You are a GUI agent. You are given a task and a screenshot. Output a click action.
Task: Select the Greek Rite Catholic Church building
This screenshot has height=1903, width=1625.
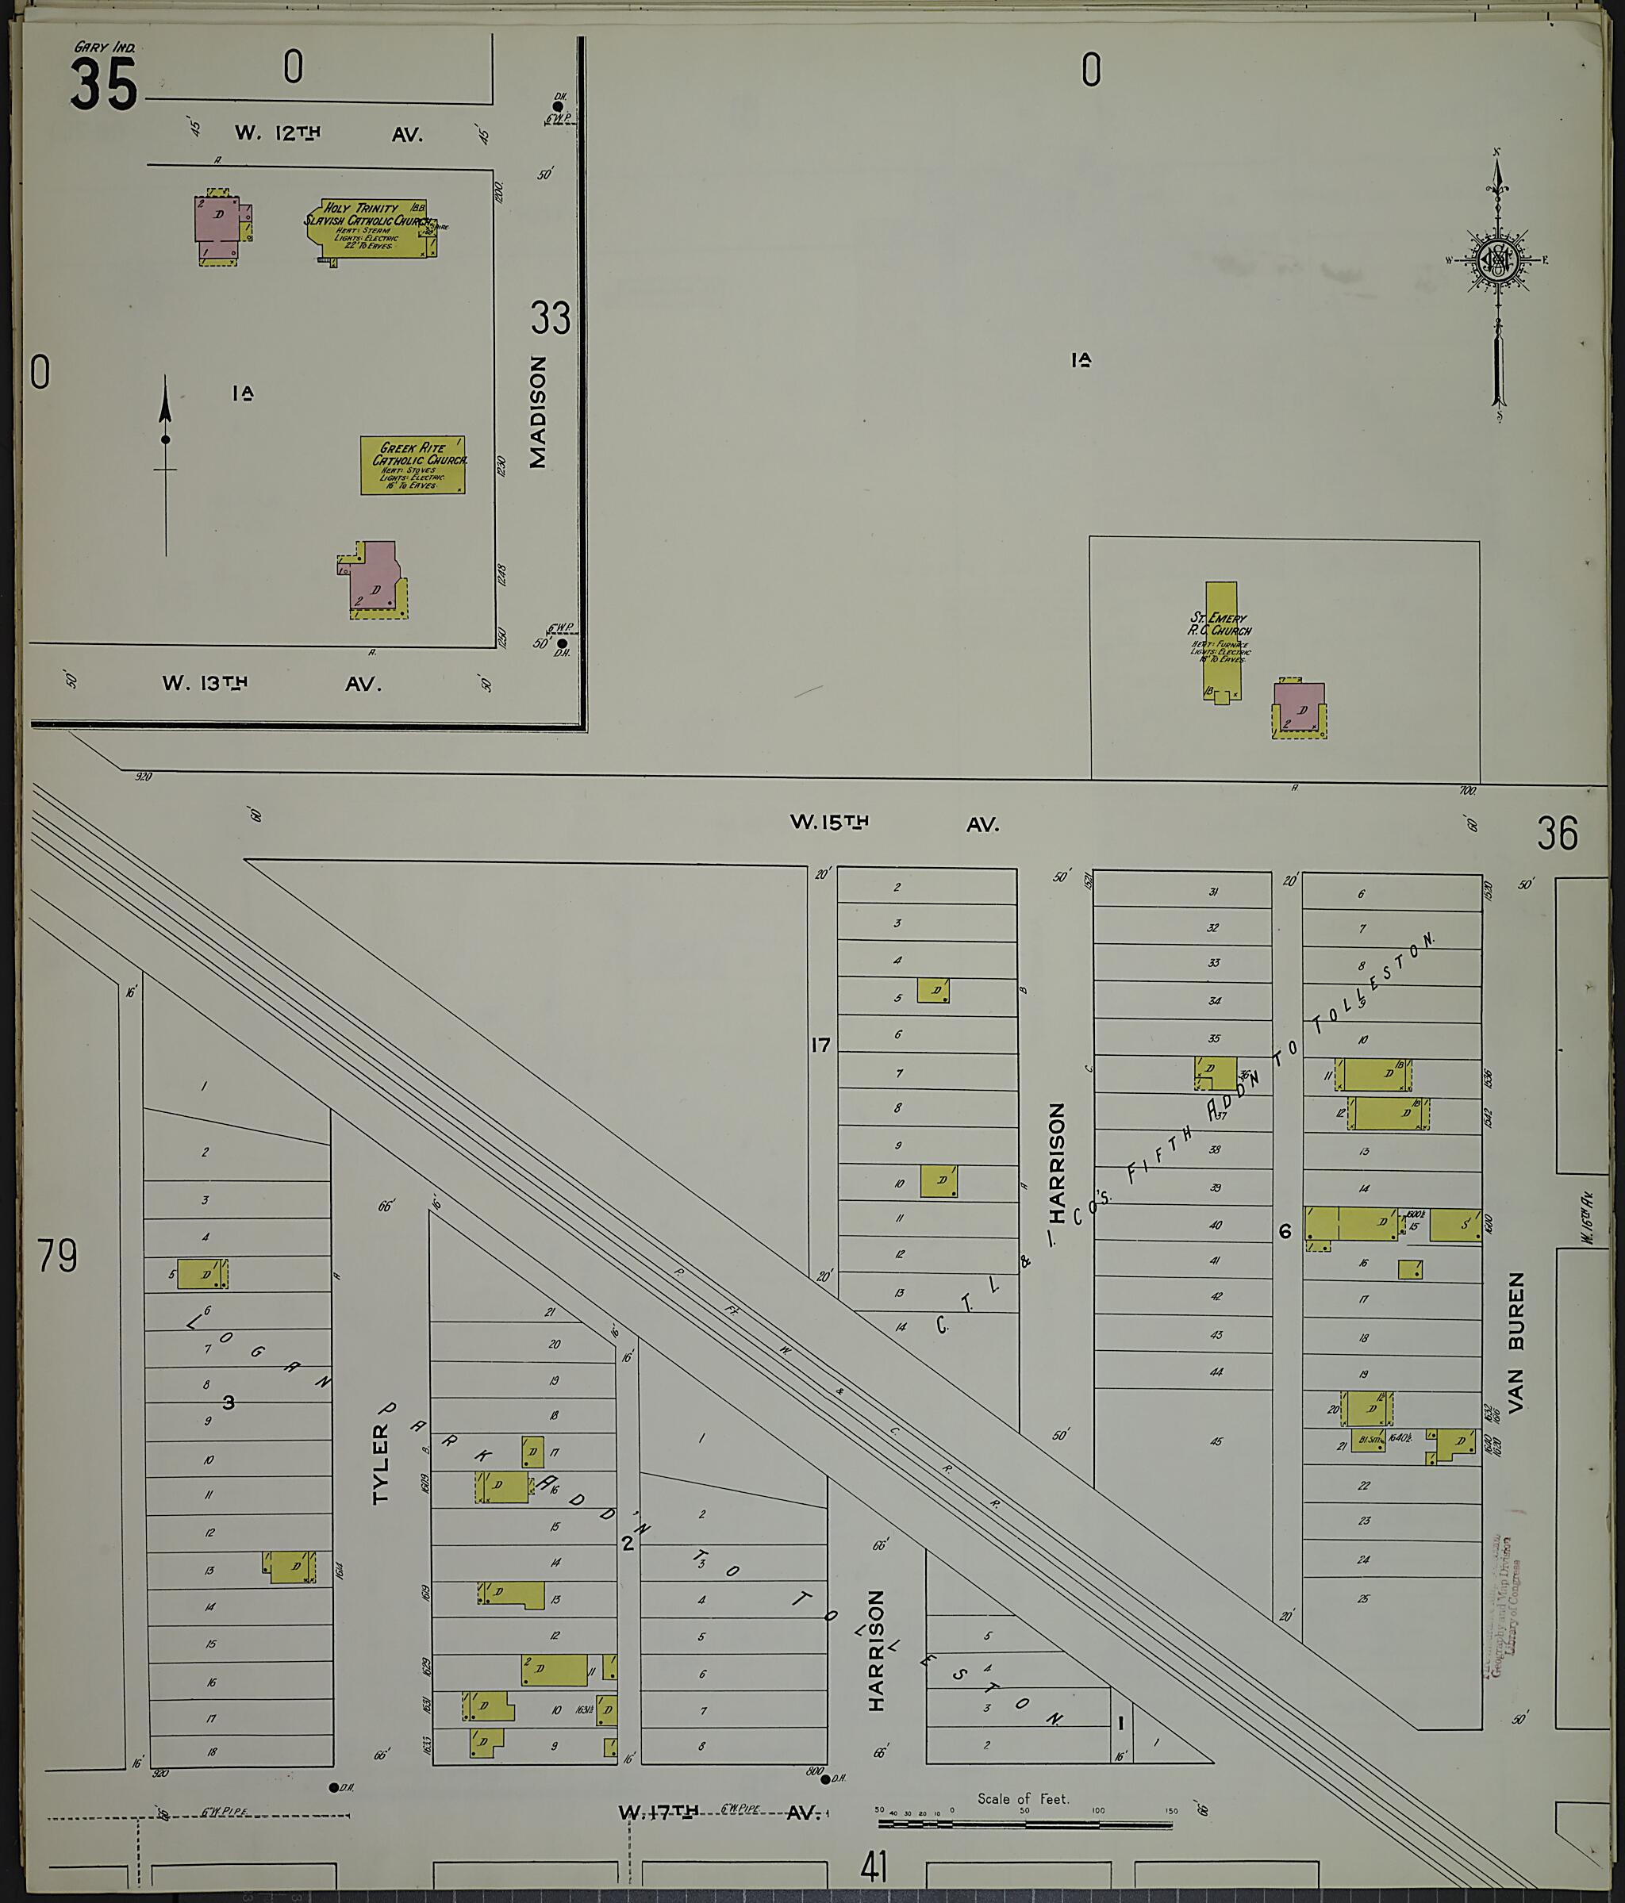pyautogui.click(x=413, y=465)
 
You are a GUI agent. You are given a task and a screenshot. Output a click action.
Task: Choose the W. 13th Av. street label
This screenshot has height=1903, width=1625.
pyautogui.click(x=271, y=683)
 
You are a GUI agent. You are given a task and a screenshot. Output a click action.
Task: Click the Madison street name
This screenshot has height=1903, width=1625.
pyautogui.click(x=538, y=412)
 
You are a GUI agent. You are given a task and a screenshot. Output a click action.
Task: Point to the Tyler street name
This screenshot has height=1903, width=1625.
pyautogui.click(x=381, y=1464)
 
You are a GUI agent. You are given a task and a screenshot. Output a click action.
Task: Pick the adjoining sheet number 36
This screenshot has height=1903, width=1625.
pyautogui.click(x=1557, y=833)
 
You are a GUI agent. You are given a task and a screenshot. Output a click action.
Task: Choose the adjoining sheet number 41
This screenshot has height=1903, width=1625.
pyautogui.click(x=874, y=1867)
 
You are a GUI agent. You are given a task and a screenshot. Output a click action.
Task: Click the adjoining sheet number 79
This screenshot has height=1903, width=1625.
pyautogui.click(x=57, y=1257)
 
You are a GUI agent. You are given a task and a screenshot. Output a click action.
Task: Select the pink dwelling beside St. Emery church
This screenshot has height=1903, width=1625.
pyautogui.click(x=1299, y=709)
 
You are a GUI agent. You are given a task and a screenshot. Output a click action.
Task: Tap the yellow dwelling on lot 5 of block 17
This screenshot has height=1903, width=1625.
pyautogui.click(x=932, y=990)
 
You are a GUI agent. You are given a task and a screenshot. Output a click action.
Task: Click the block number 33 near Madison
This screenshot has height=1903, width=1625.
pyautogui.click(x=550, y=319)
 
